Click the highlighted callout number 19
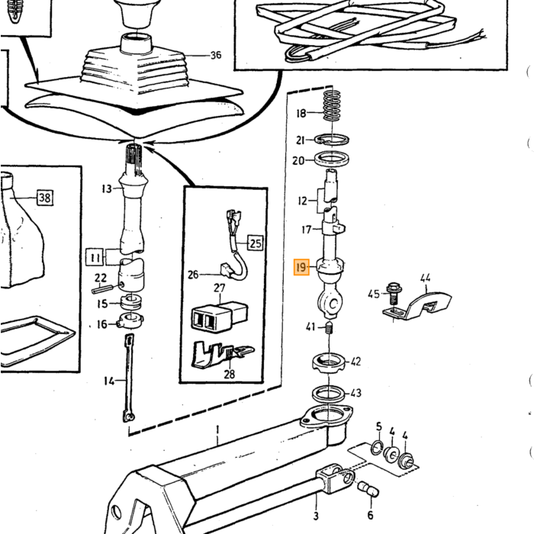[x=301, y=267]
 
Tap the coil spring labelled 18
[x=332, y=105]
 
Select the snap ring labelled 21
[x=332, y=140]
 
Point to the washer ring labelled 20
[x=332, y=159]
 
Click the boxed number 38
[x=44, y=197]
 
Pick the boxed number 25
[x=256, y=243]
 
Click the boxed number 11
[x=95, y=258]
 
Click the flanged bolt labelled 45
[x=394, y=294]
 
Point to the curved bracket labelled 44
[x=418, y=306]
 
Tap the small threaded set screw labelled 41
[x=329, y=327]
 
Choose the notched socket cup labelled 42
[x=328, y=362]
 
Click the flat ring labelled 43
[x=328, y=394]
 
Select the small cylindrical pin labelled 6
[x=368, y=489]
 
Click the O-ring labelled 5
[x=377, y=448]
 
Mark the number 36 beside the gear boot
[x=216, y=55]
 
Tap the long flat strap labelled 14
[x=129, y=378]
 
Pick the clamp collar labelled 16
[x=130, y=321]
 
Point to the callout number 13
[x=107, y=188]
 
